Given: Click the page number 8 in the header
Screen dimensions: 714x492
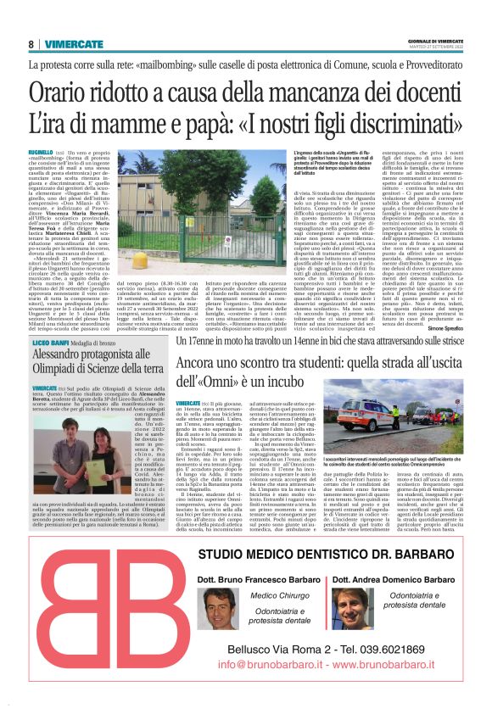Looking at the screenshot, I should pos(31,44).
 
